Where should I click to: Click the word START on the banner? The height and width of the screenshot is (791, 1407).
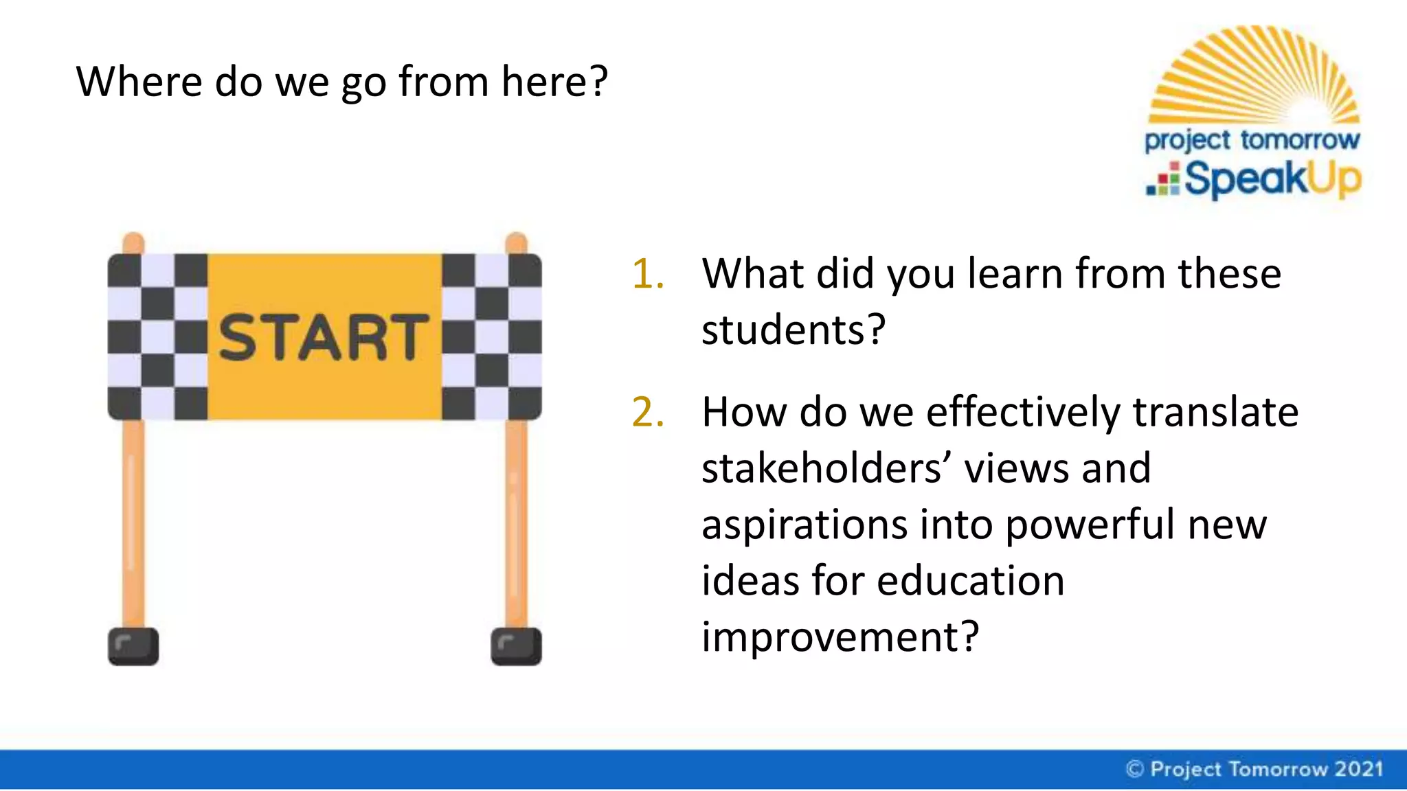coord(323,336)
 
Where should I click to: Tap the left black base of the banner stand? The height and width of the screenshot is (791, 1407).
coord(133,646)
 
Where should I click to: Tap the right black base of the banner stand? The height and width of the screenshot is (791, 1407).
coord(516,646)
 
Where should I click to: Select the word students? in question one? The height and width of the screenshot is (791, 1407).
coord(793,330)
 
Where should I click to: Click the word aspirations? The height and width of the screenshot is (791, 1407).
coord(804,526)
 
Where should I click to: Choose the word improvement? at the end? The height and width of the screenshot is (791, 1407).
coord(840,637)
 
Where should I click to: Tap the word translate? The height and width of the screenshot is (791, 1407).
coord(1215,413)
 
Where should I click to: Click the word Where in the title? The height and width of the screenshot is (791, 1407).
coord(139,82)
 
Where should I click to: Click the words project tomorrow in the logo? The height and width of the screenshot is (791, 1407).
coord(1252,140)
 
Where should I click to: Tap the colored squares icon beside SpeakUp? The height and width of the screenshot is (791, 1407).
coord(1163,180)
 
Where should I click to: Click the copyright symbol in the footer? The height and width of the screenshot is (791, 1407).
coord(1135,769)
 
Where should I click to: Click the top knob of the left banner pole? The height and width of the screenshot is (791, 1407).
coord(133,242)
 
